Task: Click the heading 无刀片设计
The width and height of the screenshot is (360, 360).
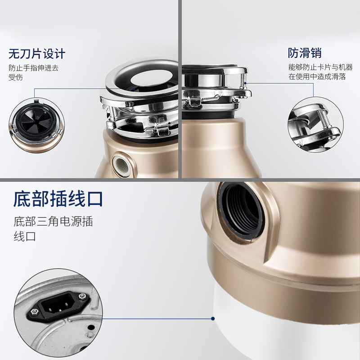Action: [x=37, y=54]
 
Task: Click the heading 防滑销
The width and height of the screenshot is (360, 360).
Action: [x=305, y=53]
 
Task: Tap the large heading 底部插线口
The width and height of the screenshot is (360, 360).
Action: [x=58, y=198]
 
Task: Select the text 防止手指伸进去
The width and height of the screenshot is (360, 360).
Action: [x=34, y=68]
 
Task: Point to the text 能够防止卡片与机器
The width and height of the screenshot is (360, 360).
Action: [x=320, y=67]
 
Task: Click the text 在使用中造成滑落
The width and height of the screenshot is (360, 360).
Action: [x=317, y=76]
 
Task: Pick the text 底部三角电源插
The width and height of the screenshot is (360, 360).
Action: [x=53, y=222]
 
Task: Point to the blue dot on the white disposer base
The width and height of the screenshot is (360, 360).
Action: [x=213, y=319]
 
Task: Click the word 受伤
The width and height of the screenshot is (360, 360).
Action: [x=16, y=77]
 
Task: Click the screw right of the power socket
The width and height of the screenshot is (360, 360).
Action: [x=81, y=297]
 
